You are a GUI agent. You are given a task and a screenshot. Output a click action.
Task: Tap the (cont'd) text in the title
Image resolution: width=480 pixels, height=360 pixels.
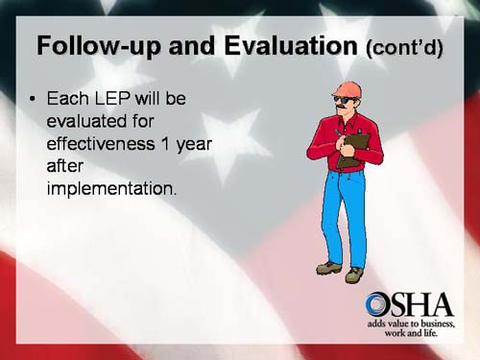coord(405,48)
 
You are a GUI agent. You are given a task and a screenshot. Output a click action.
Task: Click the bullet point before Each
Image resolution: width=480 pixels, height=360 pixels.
coord(35,100)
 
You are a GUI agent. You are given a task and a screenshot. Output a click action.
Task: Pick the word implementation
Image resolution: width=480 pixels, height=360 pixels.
coord(110,188)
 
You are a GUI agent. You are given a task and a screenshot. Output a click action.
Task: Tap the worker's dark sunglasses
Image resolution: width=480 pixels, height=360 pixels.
coord(343,99)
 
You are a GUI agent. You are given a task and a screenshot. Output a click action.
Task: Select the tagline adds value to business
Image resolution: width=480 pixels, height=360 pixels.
coord(411,325)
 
